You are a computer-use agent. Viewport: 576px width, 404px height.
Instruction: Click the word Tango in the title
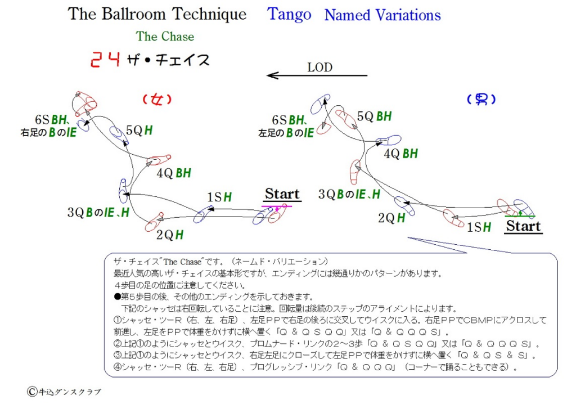pos(289,15)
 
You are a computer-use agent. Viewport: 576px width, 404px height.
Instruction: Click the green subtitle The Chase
pos(165,37)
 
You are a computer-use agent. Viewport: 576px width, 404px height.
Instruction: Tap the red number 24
pos(105,59)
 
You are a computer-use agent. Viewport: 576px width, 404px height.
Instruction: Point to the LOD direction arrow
pos(317,75)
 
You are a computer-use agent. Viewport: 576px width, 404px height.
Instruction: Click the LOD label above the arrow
pos(319,68)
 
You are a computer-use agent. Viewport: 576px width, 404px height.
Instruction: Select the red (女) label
pos(157,99)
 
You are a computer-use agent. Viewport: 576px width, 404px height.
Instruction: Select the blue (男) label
pos(481,99)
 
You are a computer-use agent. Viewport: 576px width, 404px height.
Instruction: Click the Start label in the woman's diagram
pos(282,194)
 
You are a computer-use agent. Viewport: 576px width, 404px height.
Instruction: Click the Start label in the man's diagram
pos(523,226)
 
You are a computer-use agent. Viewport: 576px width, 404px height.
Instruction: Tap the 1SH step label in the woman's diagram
pos(219,197)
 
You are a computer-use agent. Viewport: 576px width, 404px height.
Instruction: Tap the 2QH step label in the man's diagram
pos(391,218)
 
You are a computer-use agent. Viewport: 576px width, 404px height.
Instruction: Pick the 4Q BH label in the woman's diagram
pos(174,173)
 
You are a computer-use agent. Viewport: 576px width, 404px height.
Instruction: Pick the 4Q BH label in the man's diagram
pos(400,154)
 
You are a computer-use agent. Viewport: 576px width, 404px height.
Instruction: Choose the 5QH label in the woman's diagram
pos(139,130)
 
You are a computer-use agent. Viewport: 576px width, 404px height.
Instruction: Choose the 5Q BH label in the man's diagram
pos(374,116)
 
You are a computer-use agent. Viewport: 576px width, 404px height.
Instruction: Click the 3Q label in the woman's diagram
pos(76,212)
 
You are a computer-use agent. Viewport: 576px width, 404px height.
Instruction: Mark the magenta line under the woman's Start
pos(277,207)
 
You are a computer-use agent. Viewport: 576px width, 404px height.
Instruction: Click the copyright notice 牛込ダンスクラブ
pos(64,392)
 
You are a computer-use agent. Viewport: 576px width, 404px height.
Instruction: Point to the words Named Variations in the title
pos(382,15)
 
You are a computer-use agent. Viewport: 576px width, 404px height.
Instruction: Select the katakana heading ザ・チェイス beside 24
pos(168,60)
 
